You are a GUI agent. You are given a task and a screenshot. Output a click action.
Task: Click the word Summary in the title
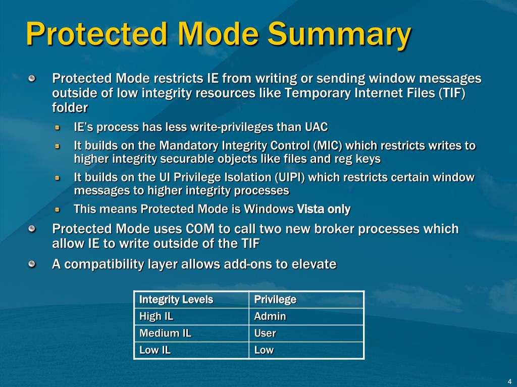[339, 34]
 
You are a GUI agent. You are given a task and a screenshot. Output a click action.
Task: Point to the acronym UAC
[316, 126]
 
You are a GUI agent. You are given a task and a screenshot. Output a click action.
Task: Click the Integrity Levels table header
[176, 300]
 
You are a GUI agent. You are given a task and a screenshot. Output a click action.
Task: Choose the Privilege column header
[275, 300]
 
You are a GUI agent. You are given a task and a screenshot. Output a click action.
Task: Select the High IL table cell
[156, 316]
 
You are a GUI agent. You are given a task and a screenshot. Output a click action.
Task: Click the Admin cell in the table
[270, 316]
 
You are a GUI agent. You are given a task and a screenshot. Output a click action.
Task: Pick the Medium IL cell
[165, 333]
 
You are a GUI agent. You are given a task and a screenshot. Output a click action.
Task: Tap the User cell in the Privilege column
[265, 333]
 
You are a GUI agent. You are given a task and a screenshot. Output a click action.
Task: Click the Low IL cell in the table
[155, 350]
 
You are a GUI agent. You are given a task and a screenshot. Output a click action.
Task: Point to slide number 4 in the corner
[509, 381]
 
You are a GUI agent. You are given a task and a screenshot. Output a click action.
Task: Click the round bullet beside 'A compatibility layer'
[32, 264]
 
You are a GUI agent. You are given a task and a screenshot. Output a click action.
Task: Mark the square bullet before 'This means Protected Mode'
[58, 209]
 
